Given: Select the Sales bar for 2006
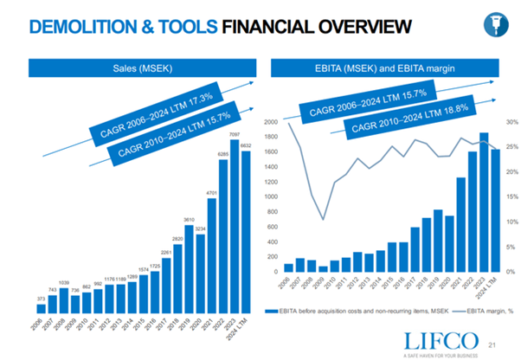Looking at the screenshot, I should point(41,307).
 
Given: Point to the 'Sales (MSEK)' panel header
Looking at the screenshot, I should point(145,68).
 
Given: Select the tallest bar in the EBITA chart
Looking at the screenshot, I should point(483,202).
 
